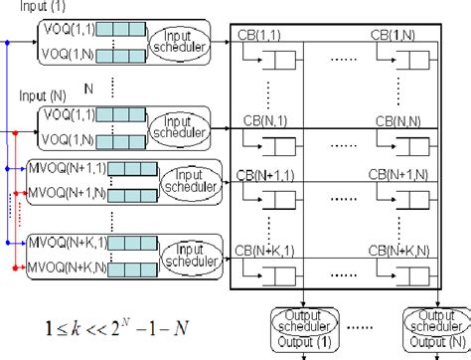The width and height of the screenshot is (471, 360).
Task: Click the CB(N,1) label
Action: point(261,118)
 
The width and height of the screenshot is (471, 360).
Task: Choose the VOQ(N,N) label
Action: point(68,141)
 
